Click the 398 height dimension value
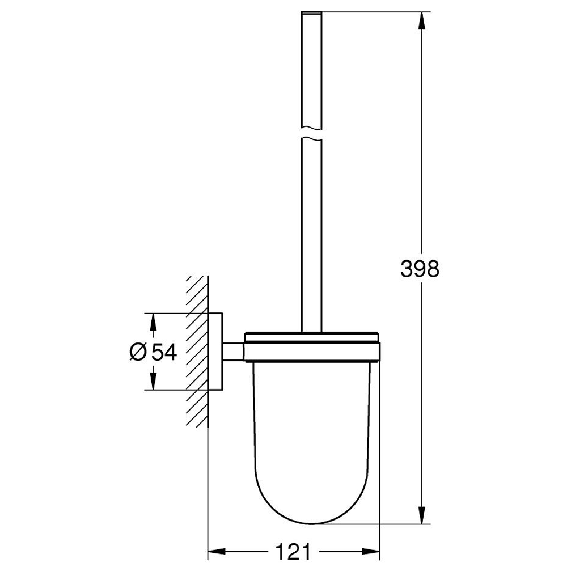click(420, 269)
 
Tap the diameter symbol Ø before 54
click(137, 352)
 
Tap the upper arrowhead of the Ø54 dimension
click(152, 321)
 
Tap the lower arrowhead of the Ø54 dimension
click(152, 381)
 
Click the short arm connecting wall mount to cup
click(232, 351)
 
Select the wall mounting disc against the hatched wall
click(215, 351)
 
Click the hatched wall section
click(197, 352)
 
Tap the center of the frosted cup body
click(312, 431)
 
